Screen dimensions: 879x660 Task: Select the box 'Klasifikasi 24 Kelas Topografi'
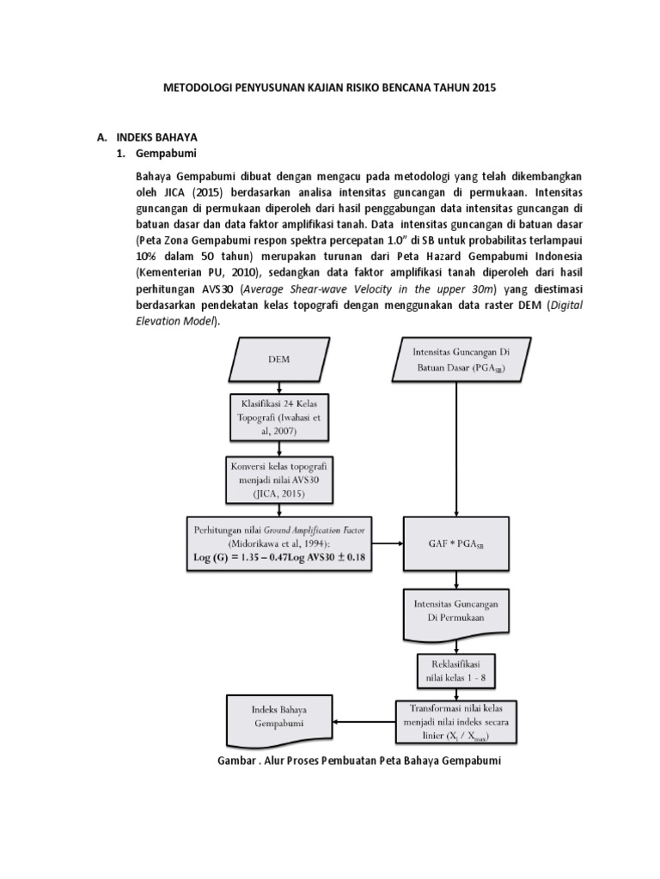(271, 415)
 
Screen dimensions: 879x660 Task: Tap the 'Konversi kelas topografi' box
(271, 478)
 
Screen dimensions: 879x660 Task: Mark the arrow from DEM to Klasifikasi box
(271, 385)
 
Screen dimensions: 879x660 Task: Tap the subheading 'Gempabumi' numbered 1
(168, 155)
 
